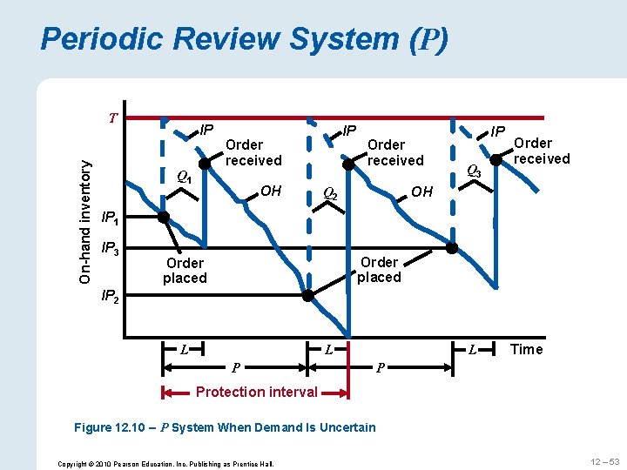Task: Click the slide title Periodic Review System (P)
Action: pos(245,39)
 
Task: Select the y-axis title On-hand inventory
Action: pos(85,212)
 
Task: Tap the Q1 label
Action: pos(184,176)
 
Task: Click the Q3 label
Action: pos(475,171)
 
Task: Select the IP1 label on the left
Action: pos(112,218)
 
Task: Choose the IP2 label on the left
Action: pos(112,297)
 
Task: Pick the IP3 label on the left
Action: pos(112,250)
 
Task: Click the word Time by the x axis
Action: pos(526,349)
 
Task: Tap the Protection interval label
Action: pos(256,392)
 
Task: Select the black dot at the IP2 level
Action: pos(307,295)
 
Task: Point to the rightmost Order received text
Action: pos(542,151)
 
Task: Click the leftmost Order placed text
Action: pos(185,271)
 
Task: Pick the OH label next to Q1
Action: pos(271,190)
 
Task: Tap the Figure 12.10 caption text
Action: pos(225,426)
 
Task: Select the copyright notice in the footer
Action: pos(165,463)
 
